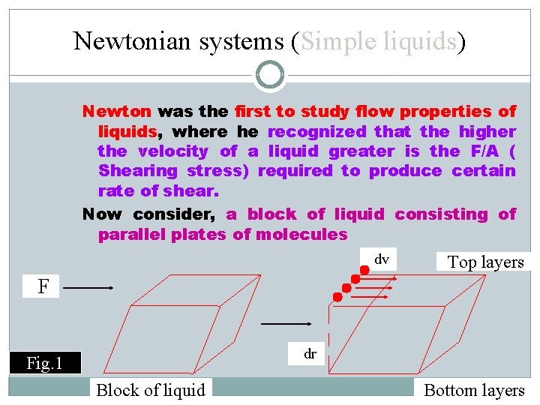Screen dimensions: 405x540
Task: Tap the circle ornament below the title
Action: click(270, 75)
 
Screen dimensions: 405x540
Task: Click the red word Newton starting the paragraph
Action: click(117, 112)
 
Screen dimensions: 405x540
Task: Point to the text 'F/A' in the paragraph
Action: click(483, 151)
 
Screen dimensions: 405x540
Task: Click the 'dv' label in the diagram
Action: click(382, 259)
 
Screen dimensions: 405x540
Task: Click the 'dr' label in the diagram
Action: click(310, 353)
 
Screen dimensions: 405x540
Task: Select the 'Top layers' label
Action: click(485, 262)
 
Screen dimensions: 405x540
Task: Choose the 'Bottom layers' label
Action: click(474, 390)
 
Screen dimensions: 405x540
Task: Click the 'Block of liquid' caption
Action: click(151, 390)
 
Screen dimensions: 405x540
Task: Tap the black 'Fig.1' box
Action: click(44, 364)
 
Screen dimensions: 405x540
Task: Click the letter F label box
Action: click(43, 286)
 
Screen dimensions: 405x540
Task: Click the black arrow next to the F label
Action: click(93, 286)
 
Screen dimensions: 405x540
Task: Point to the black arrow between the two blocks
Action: click(286, 323)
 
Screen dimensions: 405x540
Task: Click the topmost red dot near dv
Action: click(364, 268)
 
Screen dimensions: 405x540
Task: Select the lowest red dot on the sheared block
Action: click(337, 297)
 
